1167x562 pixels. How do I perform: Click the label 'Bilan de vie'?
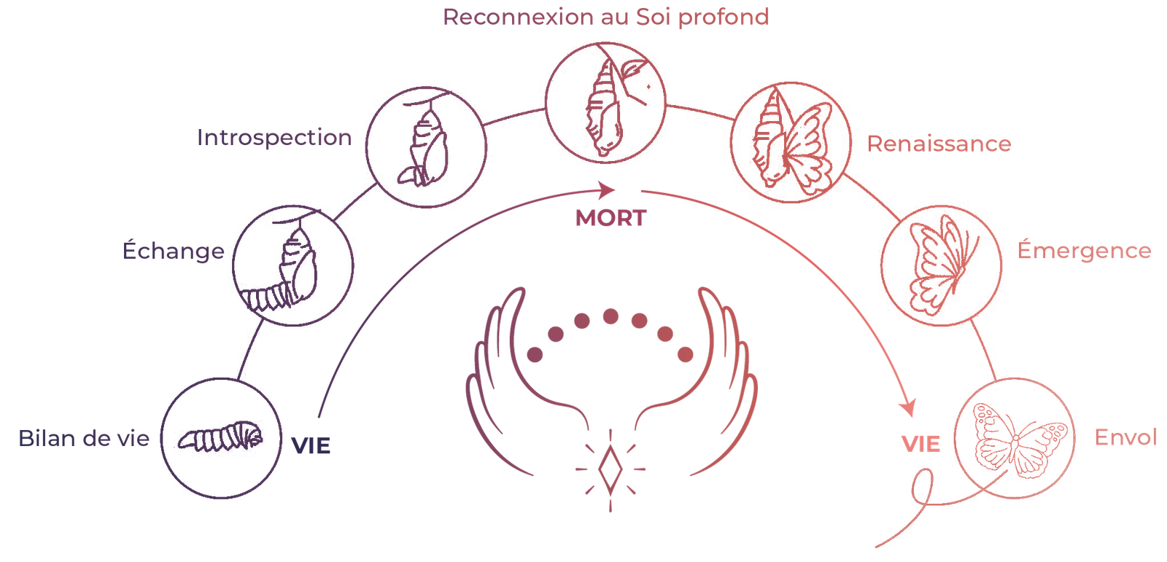(x=84, y=438)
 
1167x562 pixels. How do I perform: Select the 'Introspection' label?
(x=274, y=138)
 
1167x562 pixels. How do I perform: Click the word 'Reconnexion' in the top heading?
(x=519, y=17)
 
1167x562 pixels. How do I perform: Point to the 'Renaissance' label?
(x=939, y=144)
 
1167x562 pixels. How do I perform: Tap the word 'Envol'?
(x=1125, y=437)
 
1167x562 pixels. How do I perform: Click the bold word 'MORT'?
(x=610, y=218)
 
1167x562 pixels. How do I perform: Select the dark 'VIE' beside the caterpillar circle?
(x=311, y=446)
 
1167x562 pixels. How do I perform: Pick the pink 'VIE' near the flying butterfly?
(x=920, y=445)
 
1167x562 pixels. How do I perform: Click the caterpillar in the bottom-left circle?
(x=220, y=437)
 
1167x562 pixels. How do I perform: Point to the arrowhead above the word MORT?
(x=607, y=190)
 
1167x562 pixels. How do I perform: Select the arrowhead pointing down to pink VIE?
(x=907, y=407)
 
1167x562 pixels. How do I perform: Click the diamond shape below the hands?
(x=610, y=469)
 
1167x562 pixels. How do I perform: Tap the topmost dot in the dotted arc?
(x=610, y=316)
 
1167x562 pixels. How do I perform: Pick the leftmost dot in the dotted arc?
(x=535, y=355)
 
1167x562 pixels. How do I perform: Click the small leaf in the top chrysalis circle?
(x=633, y=68)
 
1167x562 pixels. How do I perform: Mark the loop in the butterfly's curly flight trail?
(x=922, y=486)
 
